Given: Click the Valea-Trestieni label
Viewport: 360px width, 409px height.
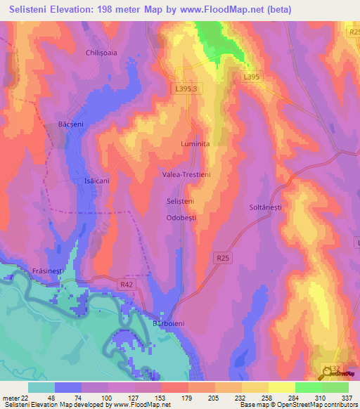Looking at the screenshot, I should [186, 174].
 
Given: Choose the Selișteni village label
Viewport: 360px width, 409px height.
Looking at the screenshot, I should [180, 201].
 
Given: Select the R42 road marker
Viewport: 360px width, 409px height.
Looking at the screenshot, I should [127, 284].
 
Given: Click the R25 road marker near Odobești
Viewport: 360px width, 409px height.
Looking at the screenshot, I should [223, 259].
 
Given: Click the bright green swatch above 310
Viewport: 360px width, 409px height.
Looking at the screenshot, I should [309, 387].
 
